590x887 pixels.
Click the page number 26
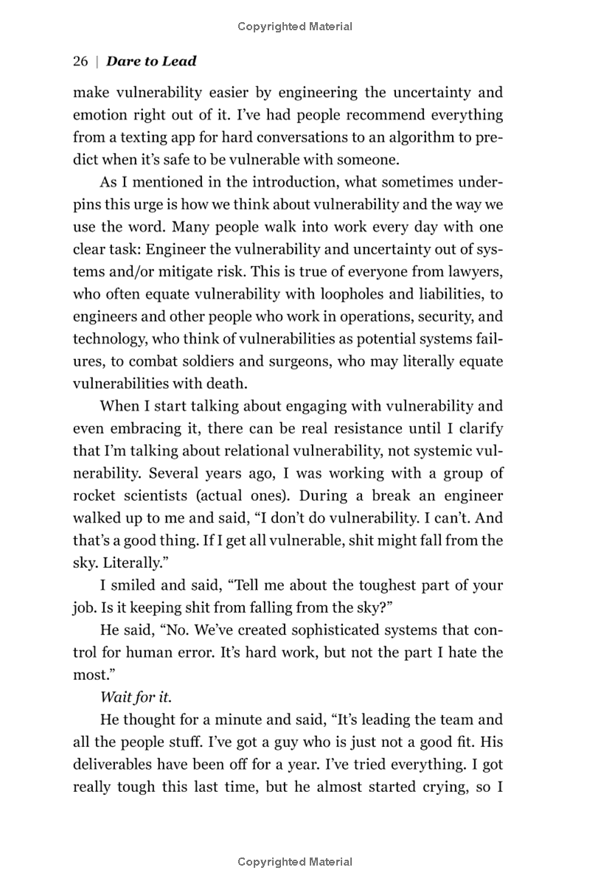point(80,61)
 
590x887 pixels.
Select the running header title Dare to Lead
point(151,61)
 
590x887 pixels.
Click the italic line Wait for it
point(130,698)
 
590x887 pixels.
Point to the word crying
point(450,787)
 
